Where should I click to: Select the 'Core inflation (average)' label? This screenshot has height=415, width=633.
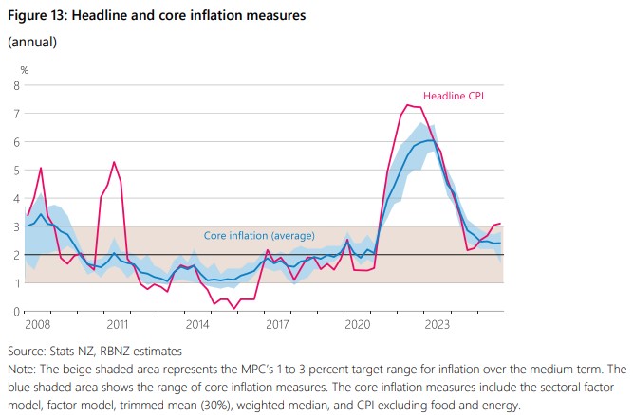259,235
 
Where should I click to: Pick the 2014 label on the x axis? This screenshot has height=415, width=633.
196,325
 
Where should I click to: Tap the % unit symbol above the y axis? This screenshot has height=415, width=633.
25,69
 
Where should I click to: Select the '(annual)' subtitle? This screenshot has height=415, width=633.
32,43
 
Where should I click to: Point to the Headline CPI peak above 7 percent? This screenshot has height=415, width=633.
408,104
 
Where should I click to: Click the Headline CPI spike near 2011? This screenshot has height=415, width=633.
114,162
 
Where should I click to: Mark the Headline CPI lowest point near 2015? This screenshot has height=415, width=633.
234,308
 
